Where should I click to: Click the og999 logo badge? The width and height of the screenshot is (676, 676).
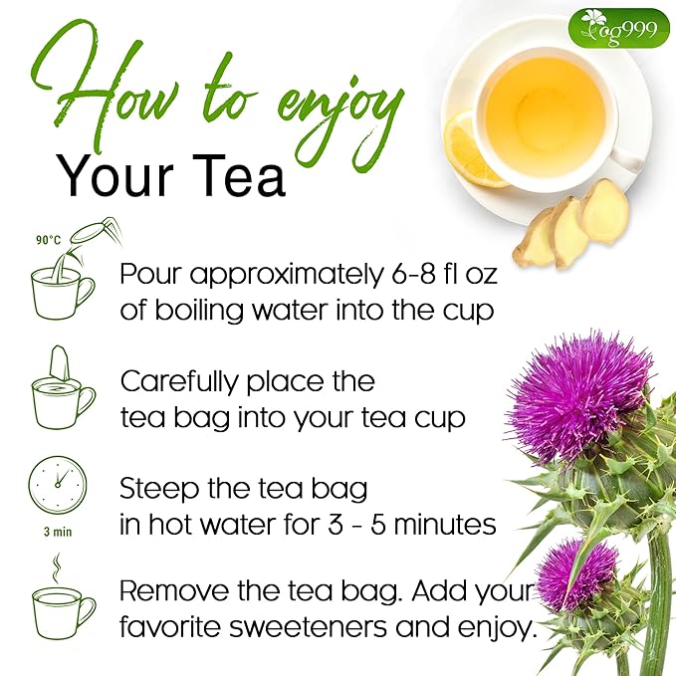pyautogui.click(x=618, y=28)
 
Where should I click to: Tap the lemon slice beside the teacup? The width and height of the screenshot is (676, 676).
pyautogui.click(x=470, y=149)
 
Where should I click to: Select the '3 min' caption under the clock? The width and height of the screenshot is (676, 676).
pyautogui.click(x=58, y=531)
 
